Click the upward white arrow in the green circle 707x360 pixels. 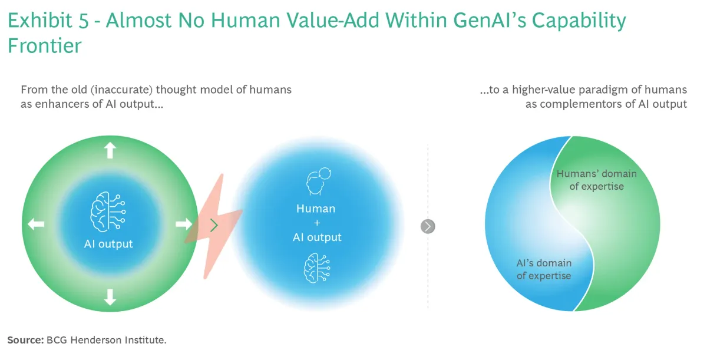[110, 150]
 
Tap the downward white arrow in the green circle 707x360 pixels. [110, 297]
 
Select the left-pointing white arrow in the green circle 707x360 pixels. [36, 224]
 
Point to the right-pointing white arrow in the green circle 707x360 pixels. [184, 224]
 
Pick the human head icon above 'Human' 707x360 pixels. [319, 181]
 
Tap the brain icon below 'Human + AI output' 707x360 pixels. [317, 268]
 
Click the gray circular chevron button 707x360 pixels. [428, 226]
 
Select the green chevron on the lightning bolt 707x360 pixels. [214, 225]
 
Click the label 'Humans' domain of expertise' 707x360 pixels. [596, 180]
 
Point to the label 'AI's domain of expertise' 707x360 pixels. [544, 269]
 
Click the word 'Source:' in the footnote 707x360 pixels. [25, 340]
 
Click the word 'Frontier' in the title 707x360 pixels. [45, 45]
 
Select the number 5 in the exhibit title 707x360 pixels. [84, 20]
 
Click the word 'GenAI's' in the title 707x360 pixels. [490, 20]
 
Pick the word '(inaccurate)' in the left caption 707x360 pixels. [121, 90]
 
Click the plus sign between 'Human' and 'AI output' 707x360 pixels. [317, 223]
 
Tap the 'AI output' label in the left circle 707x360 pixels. [108, 244]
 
